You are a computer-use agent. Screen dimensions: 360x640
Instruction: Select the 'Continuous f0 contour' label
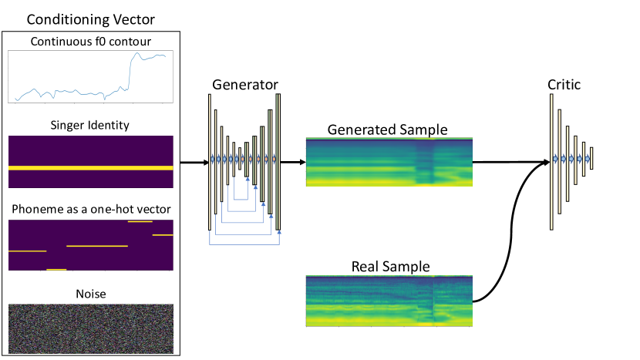pyautogui.click(x=91, y=41)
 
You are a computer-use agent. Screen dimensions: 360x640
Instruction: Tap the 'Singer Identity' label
pyautogui.click(x=91, y=126)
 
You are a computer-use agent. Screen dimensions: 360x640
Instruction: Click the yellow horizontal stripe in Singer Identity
pyautogui.click(x=90, y=167)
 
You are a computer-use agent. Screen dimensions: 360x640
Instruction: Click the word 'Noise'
pyautogui.click(x=90, y=294)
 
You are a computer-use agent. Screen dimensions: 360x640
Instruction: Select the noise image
pyautogui.click(x=90, y=327)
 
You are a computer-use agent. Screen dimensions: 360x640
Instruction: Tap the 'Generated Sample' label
pyautogui.click(x=387, y=130)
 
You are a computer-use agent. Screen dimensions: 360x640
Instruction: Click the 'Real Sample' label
pyautogui.click(x=390, y=267)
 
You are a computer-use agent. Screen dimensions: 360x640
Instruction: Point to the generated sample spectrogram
pyautogui.click(x=389, y=162)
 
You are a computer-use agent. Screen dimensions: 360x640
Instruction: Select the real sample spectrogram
pyautogui.click(x=389, y=300)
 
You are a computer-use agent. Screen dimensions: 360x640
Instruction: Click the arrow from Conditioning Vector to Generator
pyautogui.click(x=193, y=162)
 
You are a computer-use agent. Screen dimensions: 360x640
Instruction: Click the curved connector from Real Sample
pyautogui.click(x=501, y=231)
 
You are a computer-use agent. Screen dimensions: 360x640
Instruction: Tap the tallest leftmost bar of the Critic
pyautogui.click(x=552, y=162)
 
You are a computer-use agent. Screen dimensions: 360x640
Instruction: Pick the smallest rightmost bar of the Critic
pyautogui.click(x=591, y=159)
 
